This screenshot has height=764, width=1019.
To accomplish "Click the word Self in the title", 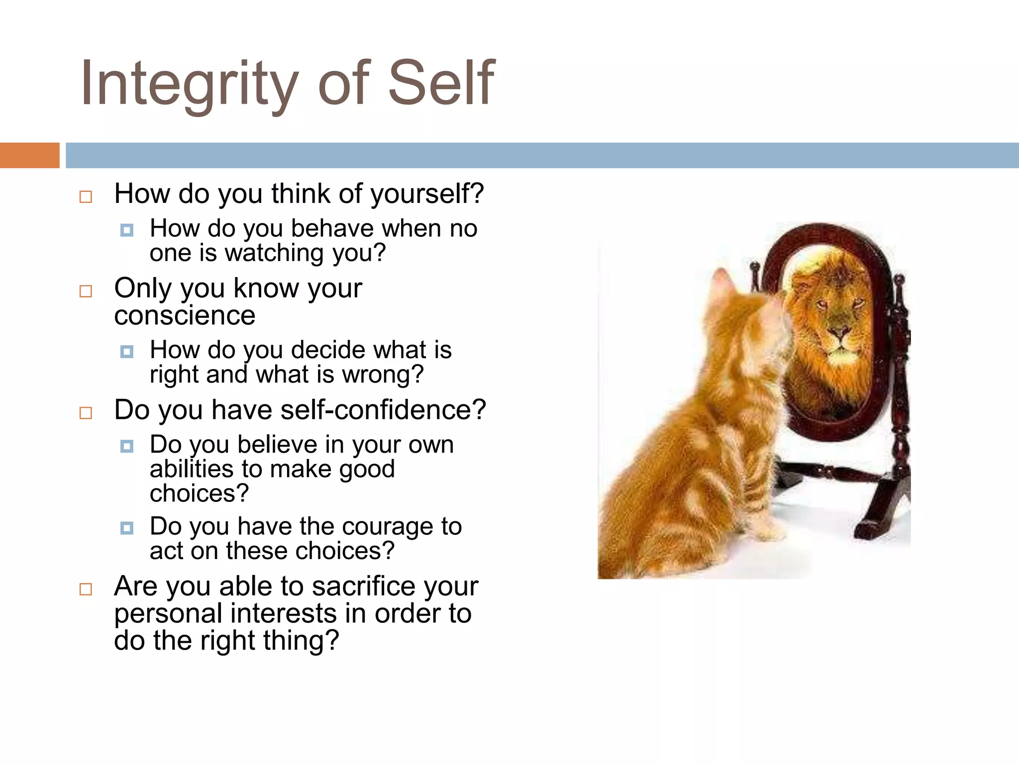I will [441, 83].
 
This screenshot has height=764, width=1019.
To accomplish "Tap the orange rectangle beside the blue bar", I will [29, 155].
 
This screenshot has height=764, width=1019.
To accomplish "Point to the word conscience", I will [185, 315].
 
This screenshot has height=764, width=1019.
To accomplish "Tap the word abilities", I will [192, 469].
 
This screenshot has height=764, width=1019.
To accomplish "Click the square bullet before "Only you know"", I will [86, 291].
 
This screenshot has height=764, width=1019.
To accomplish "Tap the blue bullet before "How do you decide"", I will [127, 352].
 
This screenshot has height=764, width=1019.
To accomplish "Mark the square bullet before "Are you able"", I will [86, 589].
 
